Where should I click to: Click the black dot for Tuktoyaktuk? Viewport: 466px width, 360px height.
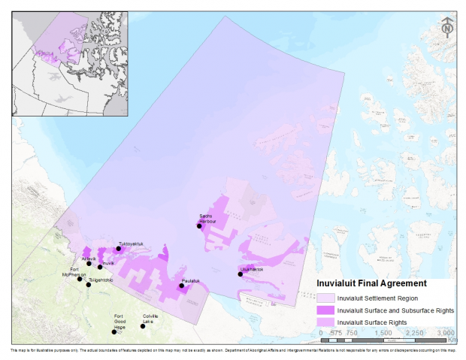click(x=119, y=249)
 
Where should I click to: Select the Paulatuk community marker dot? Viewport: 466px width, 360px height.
click(x=181, y=286)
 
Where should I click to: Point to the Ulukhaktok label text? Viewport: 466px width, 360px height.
click(x=252, y=269)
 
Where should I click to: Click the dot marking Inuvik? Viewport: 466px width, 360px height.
click(x=100, y=267)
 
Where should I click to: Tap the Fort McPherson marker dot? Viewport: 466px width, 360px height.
click(x=80, y=279)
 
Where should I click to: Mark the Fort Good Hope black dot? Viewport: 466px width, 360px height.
click(x=114, y=331)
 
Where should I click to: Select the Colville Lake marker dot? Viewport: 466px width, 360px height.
click(x=143, y=326)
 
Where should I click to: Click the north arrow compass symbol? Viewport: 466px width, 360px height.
click(x=447, y=28)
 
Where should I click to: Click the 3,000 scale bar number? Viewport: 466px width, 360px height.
click(x=446, y=332)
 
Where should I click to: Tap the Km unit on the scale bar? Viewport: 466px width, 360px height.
click(x=451, y=339)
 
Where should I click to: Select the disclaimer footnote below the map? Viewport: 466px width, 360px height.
click(x=233, y=350)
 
